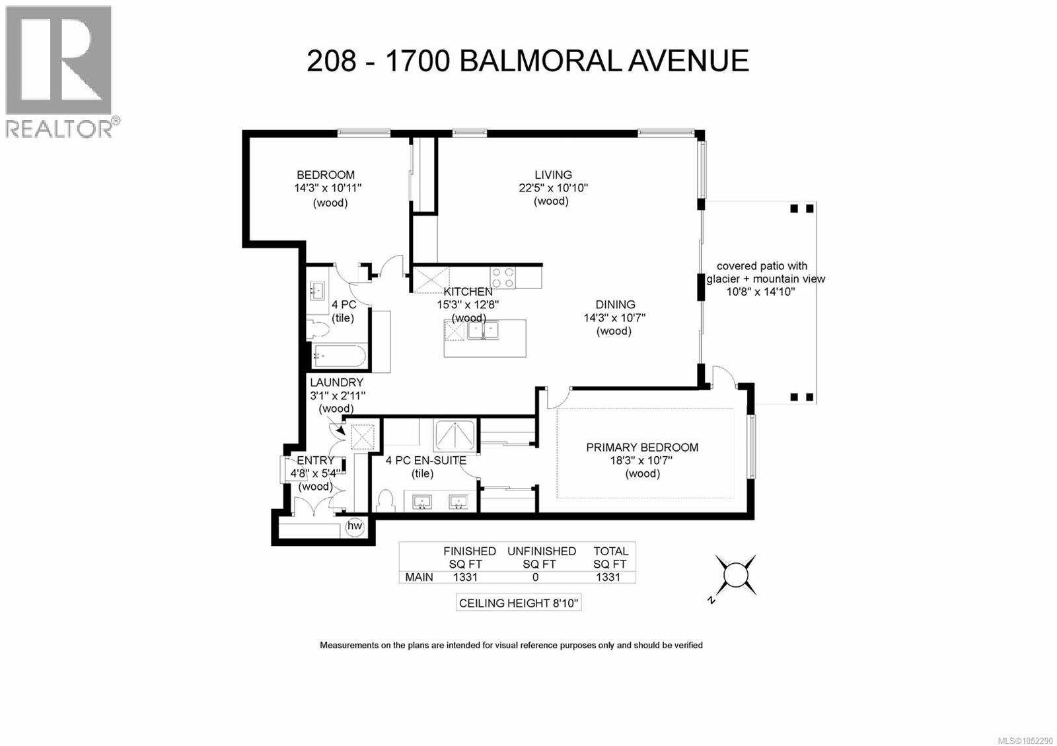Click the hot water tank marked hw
point(354,526)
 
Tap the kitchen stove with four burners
point(503,277)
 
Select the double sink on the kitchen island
point(483,330)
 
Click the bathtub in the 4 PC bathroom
point(338,356)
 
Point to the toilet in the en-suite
point(386,501)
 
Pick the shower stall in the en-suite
point(454,435)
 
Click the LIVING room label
point(553,174)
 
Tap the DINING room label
point(615,304)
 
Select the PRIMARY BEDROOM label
point(641,447)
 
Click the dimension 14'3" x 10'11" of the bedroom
point(328,188)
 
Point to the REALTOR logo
point(59,72)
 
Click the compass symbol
point(735,575)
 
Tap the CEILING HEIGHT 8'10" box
point(518,603)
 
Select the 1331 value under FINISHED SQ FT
point(465,577)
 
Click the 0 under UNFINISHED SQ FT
point(535,577)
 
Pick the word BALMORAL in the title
point(539,61)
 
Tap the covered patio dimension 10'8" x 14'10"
point(760,292)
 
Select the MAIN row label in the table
point(419,577)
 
